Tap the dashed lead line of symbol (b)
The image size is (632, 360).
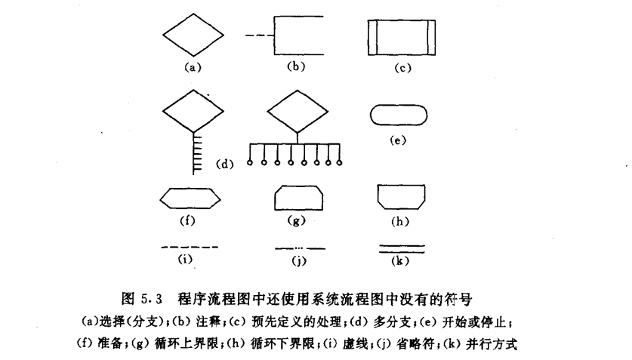click(257, 35)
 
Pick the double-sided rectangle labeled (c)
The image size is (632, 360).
click(402, 37)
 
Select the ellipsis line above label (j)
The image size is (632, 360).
click(299, 248)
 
